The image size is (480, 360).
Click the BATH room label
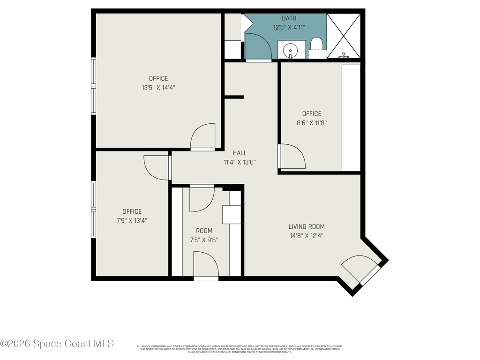[289, 18]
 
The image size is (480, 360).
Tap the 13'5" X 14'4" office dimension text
[158, 87]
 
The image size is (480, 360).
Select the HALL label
[240, 153]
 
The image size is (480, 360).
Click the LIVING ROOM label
[307, 226]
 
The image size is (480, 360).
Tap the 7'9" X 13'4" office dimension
[132, 220]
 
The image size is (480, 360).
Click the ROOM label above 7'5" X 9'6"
[204, 231]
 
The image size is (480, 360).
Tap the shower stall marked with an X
[344, 36]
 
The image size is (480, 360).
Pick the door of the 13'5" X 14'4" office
[203, 137]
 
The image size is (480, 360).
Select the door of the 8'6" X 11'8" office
[292, 157]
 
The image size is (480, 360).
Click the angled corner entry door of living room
[361, 270]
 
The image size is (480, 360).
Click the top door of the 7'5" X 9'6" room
[202, 199]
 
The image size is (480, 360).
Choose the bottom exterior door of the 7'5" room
[206, 265]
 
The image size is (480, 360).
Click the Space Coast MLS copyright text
[57, 344]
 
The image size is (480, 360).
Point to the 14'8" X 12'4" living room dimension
[307, 236]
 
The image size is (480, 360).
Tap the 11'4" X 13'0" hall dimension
[240, 162]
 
